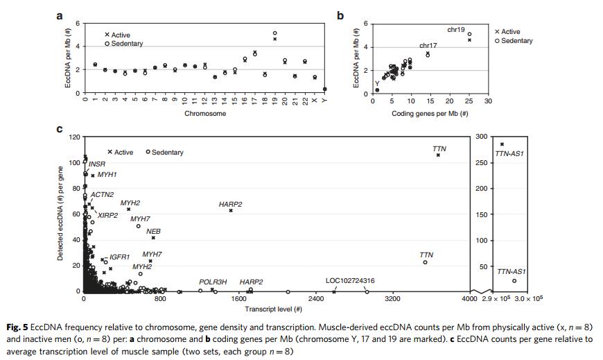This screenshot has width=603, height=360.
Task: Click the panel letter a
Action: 60,15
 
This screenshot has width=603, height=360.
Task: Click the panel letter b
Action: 340,15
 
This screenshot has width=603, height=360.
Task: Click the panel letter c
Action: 60,129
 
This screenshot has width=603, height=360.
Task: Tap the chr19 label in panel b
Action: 456,28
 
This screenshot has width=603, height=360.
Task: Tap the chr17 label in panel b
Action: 428,45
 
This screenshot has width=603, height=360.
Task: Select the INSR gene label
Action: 96,164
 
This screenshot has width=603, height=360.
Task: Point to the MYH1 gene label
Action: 107,175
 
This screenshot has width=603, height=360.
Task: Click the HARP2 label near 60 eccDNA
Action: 230,205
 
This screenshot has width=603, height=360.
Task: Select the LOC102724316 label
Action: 350,281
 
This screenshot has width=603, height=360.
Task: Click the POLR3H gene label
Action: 213,282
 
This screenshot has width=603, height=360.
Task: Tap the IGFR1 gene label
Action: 120,257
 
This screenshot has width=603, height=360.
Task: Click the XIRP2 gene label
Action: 107,216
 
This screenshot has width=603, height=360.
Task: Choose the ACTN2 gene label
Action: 103,195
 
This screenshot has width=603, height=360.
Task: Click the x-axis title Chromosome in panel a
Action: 204,113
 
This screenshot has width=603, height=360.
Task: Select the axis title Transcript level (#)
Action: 276,309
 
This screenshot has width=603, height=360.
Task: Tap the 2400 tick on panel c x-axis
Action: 315,299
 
